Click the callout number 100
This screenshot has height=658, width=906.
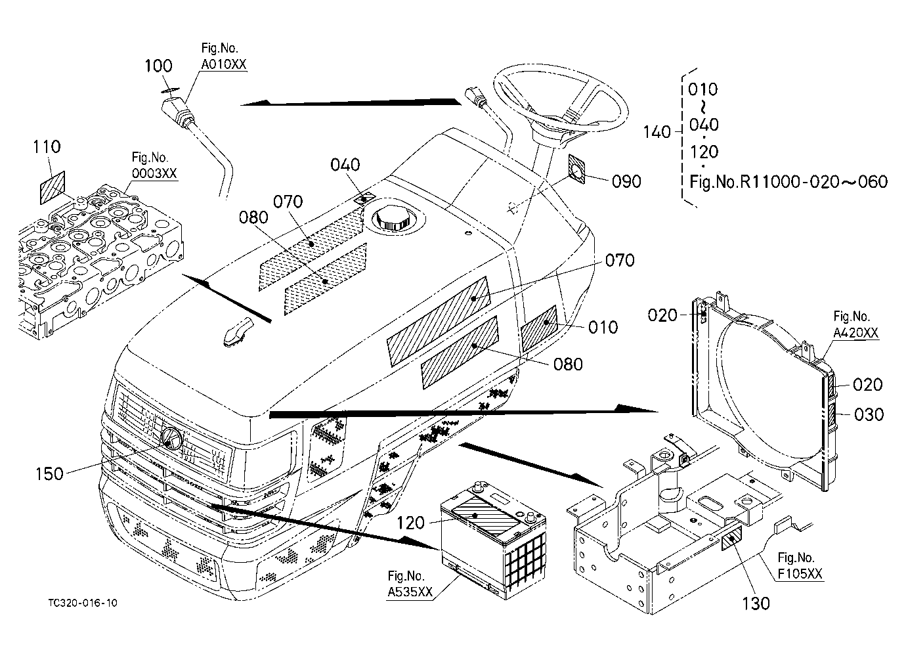click(159, 66)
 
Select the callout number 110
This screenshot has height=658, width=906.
click(47, 146)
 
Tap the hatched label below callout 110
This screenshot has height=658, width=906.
click(53, 188)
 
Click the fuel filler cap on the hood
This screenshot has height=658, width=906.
click(393, 219)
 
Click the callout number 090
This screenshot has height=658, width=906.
click(626, 182)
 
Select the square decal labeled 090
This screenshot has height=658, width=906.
click(576, 169)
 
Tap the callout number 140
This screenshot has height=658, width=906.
click(657, 132)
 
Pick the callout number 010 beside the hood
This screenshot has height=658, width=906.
click(603, 328)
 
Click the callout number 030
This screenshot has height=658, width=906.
click(869, 414)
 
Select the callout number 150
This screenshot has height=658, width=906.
click(50, 474)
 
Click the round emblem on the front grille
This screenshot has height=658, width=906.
click(172, 437)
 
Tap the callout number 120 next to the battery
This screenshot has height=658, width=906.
click(410, 523)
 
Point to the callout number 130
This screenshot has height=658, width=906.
click(756, 603)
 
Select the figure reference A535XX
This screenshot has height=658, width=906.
click(410, 592)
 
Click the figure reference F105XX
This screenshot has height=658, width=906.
click(800, 574)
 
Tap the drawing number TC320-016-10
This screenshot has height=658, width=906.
click(83, 603)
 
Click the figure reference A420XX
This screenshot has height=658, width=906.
click(856, 333)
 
